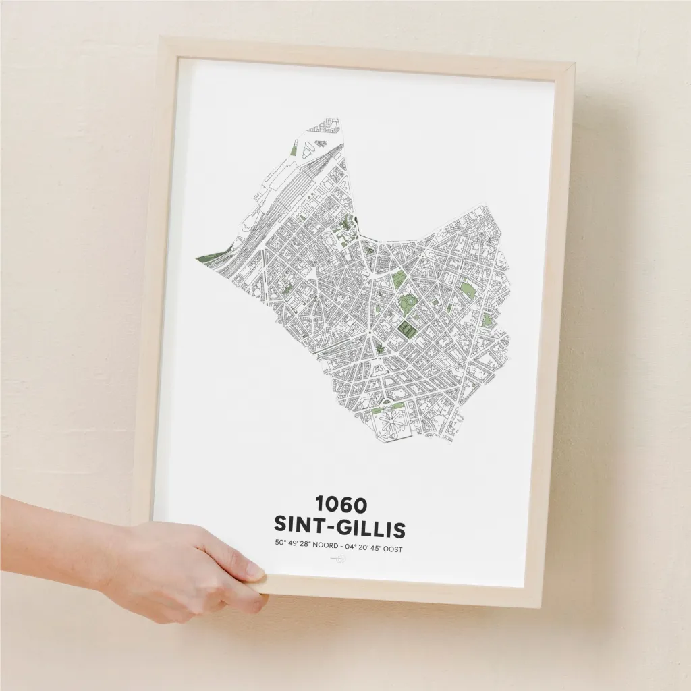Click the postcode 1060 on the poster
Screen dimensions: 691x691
pyautogui.click(x=340, y=504)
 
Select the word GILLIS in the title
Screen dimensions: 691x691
pyautogui.click(x=374, y=527)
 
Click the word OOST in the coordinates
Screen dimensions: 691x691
pyautogui.click(x=391, y=549)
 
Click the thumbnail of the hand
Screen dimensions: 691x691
pyautogui.click(x=254, y=572)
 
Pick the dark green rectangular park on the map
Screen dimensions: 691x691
pyautogui.click(x=407, y=329)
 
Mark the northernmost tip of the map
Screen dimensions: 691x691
pyautogui.click(x=335, y=121)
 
